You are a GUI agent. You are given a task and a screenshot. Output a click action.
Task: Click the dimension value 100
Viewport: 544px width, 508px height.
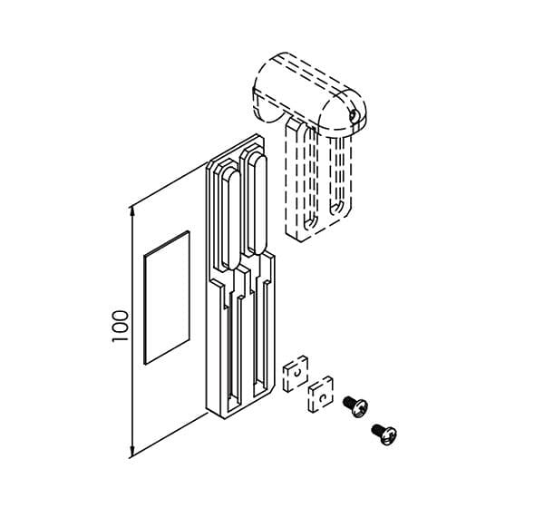point(120,326)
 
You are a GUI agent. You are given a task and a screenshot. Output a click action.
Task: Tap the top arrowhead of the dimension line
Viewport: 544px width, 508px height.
point(131,212)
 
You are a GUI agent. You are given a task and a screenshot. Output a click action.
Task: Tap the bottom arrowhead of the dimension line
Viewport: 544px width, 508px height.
point(131,452)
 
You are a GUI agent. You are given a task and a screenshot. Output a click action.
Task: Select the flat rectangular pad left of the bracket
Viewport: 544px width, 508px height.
point(167,298)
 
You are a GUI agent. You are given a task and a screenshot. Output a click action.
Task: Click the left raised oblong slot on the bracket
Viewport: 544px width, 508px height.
point(230,220)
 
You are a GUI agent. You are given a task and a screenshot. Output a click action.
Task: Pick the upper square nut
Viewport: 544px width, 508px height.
point(296,374)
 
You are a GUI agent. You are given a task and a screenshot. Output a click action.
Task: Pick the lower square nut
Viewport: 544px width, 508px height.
point(321,394)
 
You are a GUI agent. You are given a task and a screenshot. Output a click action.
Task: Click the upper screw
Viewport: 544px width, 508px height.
point(355,406)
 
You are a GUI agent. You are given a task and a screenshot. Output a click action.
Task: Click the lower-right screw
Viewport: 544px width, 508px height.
point(384,434)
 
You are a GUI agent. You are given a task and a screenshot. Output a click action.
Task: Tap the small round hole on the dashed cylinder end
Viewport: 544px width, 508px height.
point(353,115)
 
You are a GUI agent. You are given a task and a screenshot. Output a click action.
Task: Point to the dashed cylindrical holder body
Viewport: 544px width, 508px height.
point(309,93)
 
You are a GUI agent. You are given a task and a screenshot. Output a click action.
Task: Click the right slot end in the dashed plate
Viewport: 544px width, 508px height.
point(335,208)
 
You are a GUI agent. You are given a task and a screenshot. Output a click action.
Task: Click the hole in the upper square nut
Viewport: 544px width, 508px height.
point(297,373)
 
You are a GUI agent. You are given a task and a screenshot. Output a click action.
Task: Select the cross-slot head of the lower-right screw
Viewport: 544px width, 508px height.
point(389,436)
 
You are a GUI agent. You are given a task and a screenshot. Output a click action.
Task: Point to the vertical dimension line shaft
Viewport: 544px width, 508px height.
point(131,332)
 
